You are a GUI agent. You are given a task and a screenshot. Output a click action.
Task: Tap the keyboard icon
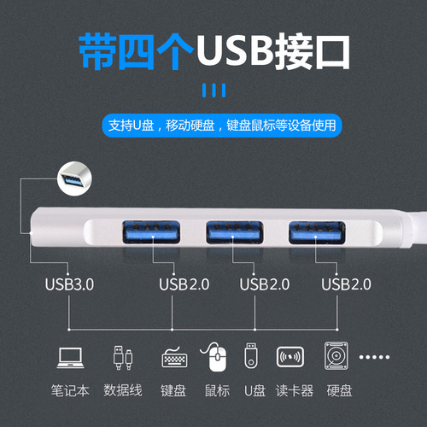(174, 357)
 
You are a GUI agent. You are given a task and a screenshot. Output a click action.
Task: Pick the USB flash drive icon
(252, 356)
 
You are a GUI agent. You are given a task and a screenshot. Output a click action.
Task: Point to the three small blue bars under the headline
(213, 91)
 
